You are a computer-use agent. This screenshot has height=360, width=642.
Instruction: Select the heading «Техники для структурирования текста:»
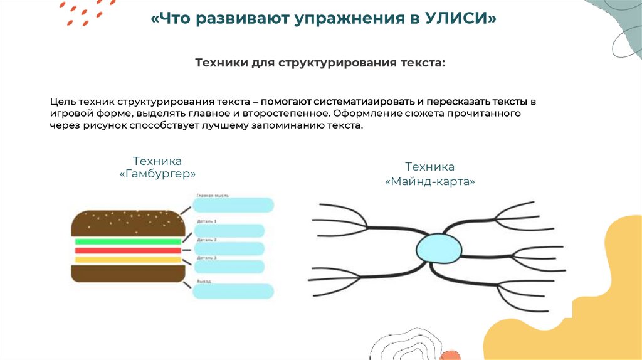click(320, 63)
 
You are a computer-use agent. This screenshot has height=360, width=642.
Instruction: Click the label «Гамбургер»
click(157, 174)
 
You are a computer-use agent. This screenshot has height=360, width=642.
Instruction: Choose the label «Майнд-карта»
click(429, 181)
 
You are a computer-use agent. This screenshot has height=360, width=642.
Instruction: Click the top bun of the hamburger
click(128, 223)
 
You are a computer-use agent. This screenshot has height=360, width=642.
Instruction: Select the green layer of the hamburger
click(128, 241)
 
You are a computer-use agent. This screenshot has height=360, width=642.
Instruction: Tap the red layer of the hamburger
click(128, 250)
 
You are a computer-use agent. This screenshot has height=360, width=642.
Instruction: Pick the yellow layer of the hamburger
click(128, 259)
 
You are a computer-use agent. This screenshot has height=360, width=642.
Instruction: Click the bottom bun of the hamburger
click(128, 273)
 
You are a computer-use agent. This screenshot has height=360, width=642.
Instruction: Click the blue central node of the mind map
click(439, 246)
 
